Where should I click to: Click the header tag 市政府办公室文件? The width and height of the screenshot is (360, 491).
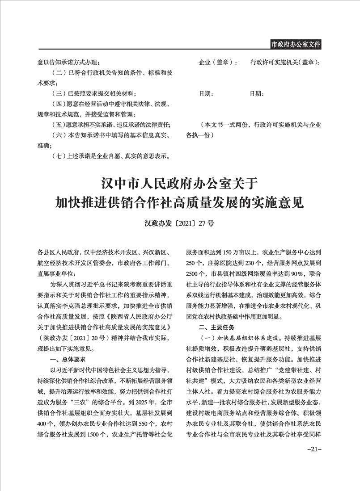pos(296,44)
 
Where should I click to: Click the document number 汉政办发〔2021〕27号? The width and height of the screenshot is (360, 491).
pos(179,222)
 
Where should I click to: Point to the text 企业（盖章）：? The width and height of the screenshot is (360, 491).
pos(218,63)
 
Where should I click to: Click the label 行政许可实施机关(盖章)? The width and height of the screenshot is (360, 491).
pos(284,63)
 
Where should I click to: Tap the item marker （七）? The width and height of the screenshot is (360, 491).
pos(59,156)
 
